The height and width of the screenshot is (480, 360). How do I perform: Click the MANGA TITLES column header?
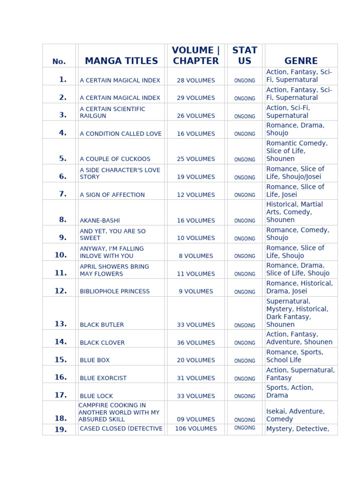(121, 61)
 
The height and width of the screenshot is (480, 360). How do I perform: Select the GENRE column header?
(301, 61)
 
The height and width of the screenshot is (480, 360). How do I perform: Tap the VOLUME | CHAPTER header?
(196, 56)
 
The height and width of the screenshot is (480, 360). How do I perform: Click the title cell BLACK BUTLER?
(102, 324)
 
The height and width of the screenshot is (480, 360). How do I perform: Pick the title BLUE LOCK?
(97, 396)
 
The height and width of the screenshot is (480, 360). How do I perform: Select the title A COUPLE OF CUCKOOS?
(115, 159)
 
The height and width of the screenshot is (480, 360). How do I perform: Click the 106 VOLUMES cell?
(196, 428)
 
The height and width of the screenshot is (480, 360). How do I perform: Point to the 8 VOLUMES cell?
(196, 256)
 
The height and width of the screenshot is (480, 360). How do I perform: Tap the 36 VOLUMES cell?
(196, 343)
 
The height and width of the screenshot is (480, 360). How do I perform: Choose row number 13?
(60, 324)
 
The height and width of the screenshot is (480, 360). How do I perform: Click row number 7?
(63, 194)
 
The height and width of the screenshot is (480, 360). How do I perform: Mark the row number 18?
(60, 419)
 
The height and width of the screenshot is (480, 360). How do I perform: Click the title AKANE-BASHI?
(99, 220)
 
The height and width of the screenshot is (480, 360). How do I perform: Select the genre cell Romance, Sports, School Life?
(295, 356)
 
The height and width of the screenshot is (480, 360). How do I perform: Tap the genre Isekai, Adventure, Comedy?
(295, 415)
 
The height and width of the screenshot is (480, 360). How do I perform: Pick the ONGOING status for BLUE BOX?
(245, 361)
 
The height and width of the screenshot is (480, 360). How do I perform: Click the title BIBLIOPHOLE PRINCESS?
(115, 291)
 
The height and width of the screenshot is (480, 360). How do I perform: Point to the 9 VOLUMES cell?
(196, 291)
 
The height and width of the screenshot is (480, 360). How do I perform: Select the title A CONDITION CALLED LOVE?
(120, 134)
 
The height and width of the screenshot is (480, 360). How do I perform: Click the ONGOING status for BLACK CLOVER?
(245, 343)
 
